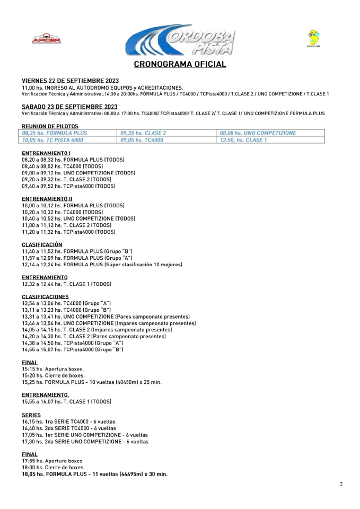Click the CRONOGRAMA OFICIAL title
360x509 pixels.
point(180,64)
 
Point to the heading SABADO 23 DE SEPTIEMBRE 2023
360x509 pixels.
point(69,107)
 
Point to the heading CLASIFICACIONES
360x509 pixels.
point(45,296)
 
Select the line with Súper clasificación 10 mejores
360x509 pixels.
point(102,264)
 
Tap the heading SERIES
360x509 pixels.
point(31,415)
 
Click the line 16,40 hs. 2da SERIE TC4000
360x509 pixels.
point(69,428)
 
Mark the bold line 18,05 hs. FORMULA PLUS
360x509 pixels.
point(94,474)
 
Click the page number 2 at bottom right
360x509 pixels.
point(341,484)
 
